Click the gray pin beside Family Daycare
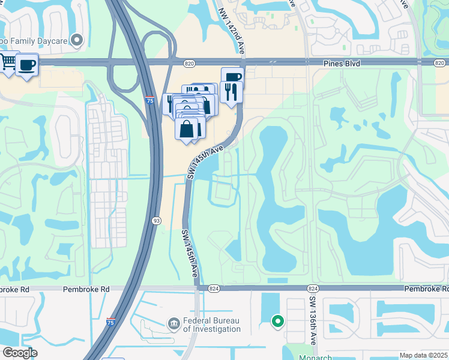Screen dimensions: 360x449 point(76,40)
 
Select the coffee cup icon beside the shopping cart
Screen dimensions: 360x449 point(26,64)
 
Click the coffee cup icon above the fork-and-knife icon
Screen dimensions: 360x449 point(232,77)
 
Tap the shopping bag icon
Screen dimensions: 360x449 point(187,128)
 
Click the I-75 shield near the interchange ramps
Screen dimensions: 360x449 point(149,101)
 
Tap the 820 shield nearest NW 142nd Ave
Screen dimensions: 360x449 point(189,63)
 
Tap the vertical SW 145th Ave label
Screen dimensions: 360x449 point(190,252)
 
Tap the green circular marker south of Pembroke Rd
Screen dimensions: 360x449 point(277,322)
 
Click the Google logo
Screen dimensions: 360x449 point(20,353)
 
